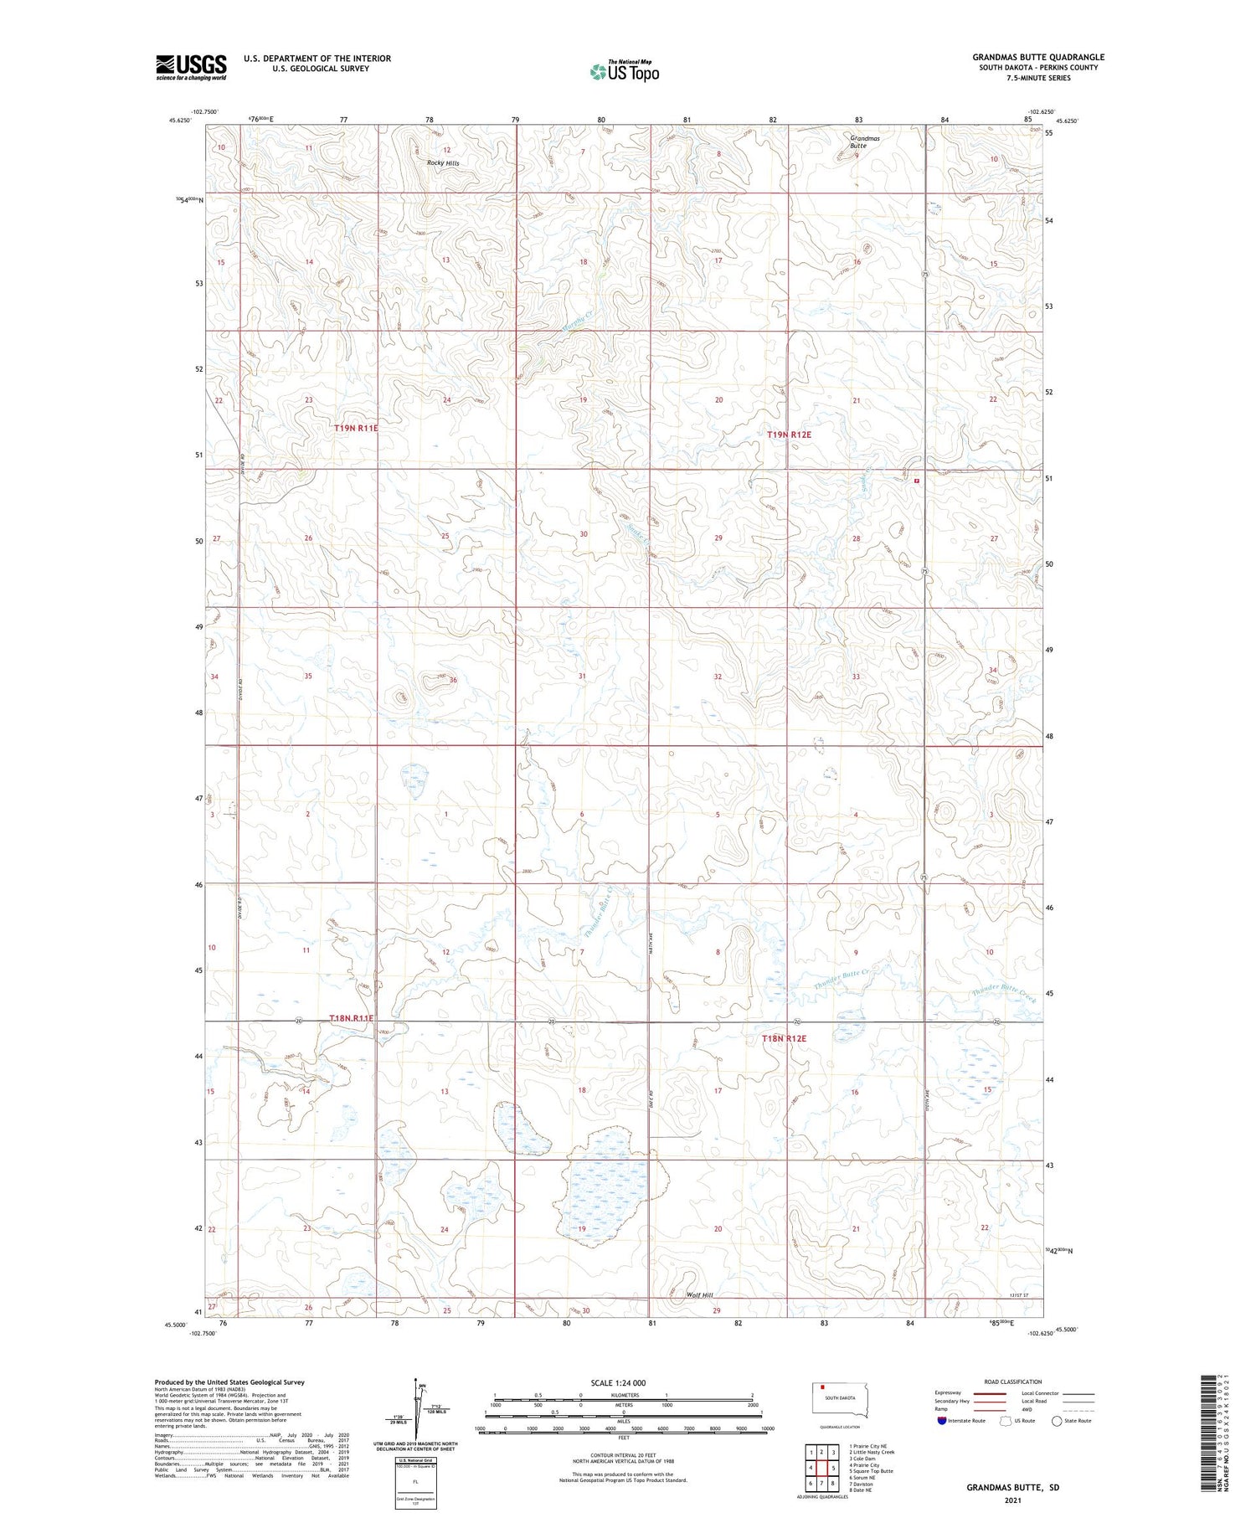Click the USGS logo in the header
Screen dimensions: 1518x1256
[191, 67]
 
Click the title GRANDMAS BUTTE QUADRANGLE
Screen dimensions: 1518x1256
[1038, 57]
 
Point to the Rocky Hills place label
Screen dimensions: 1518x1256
[443, 163]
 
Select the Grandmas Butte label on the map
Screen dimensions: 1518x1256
[864, 142]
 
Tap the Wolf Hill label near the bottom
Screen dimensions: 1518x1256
[699, 1295]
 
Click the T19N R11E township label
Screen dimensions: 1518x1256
[356, 428]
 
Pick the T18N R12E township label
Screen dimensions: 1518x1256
[784, 1038]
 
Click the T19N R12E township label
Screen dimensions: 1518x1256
[789, 435]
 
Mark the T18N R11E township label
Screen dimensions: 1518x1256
[351, 1018]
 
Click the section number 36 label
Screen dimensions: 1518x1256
[453, 680]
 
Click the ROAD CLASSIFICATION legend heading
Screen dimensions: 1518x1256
[1013, 1382]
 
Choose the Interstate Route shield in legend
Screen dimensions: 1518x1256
[942, 1420]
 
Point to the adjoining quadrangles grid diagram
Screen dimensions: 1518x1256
[822, 1466]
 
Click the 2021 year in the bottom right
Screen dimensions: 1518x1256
[1012, 1500]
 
